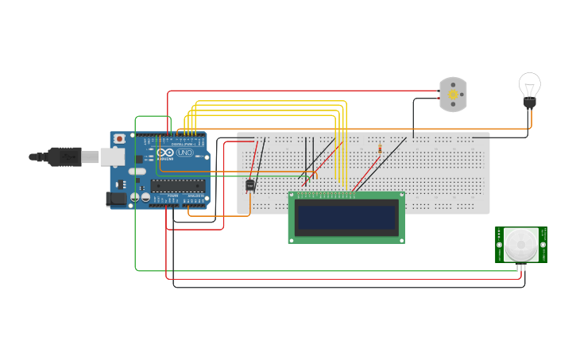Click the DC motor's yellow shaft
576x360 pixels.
click(x=454, y=95)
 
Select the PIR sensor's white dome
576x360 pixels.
click(x=521, y=246)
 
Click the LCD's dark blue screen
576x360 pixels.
click(x=346, y=217)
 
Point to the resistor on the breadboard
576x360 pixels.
click(x=380, y=147)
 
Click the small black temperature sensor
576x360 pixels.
click(x=250, y=185)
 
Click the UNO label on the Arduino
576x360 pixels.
click(x=184, y=153)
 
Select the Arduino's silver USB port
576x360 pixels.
click(x=113, y=157)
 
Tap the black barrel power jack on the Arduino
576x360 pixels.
click(x=116, y=199)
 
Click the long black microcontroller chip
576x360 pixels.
click(x=177, y=186)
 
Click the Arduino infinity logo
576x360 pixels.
click(x=165, y=153)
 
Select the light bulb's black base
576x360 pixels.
click(x=529, y=103)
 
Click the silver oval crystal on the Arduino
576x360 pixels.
click(x=137, y=171)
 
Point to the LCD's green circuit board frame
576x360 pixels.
click(x=346, y=238)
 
